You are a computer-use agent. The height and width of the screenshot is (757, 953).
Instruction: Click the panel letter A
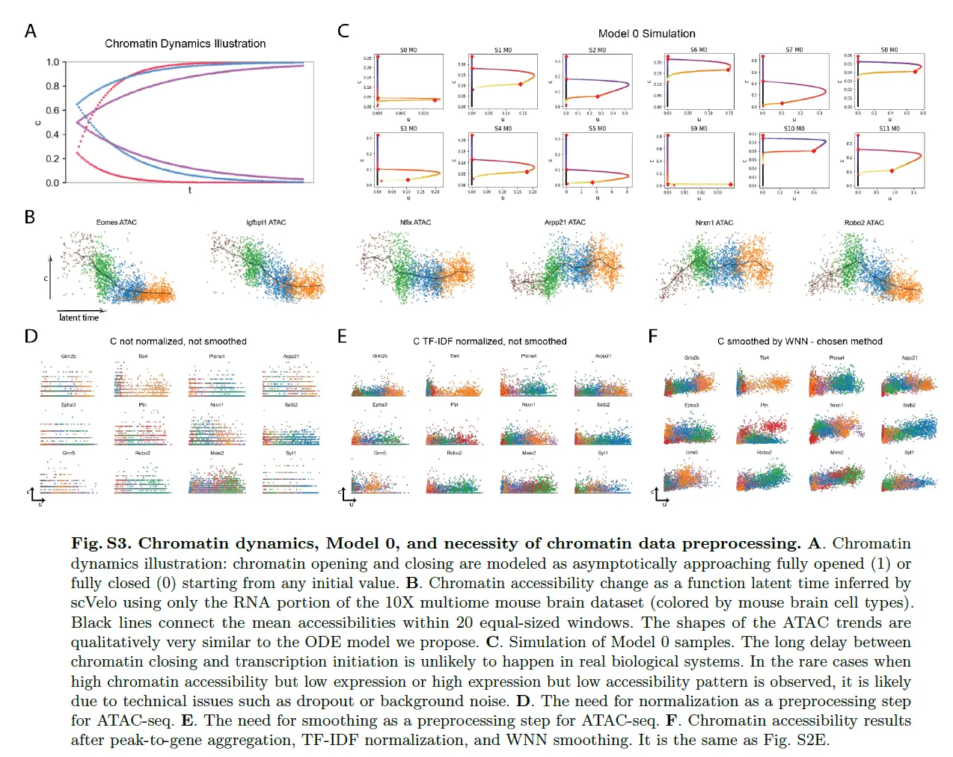31,31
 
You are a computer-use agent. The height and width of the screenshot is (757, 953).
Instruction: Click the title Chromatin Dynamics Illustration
185,44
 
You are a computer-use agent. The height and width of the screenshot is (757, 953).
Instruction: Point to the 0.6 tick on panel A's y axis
52,111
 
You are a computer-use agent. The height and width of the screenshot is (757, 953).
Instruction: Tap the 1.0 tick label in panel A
52,62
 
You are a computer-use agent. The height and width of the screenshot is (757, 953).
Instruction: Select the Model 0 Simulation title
646,34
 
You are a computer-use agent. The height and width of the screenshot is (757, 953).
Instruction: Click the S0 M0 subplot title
408,50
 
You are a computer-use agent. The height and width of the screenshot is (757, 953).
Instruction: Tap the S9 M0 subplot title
699,129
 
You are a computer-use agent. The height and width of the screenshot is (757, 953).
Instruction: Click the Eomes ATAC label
117,223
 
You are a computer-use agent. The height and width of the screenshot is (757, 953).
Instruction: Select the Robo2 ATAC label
864,223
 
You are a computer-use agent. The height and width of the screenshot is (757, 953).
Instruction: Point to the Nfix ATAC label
415,223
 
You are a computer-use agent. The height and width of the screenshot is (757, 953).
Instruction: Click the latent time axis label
79,318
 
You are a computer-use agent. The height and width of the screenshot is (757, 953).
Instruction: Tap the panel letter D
31,336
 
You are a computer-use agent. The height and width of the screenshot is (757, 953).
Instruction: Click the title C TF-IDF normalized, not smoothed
490,342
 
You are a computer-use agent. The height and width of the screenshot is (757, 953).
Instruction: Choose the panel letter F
653,336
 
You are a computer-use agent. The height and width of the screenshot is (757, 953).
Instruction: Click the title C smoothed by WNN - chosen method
800,342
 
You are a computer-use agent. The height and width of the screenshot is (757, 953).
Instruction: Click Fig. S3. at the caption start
100,543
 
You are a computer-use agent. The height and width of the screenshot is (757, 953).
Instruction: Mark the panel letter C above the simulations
343,31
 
